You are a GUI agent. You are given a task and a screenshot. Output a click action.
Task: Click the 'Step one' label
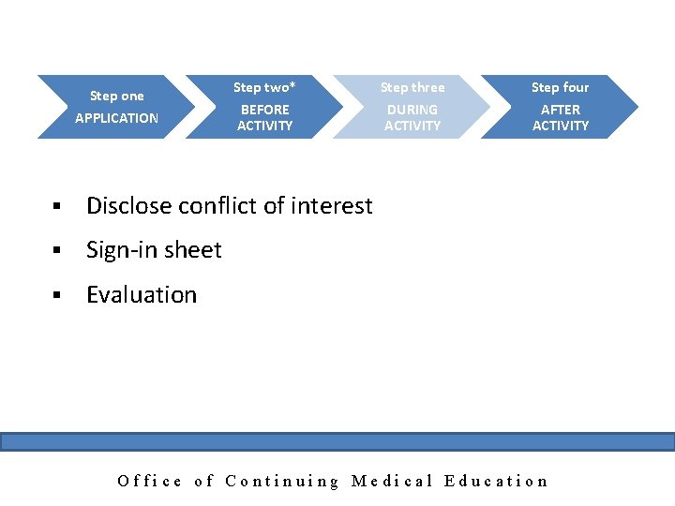(116, 96)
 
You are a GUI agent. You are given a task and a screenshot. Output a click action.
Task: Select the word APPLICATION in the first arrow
(116, 118)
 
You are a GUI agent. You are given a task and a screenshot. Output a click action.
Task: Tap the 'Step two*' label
(264, 87)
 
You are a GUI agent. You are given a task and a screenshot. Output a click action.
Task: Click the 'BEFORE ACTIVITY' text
(264, 117)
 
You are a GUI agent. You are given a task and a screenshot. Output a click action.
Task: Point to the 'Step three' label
(412, 87)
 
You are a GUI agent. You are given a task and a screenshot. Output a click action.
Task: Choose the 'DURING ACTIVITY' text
(412, 117)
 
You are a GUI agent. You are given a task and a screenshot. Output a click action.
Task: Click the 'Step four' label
(560, 87)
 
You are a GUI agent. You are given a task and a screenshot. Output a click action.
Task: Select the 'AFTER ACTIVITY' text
(561, 117)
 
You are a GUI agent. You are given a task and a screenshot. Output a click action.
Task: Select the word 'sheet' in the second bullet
(192, 250)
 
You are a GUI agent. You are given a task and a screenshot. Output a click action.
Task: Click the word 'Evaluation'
(142, 294)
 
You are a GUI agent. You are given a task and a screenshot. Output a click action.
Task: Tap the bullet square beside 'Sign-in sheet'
(57, 251)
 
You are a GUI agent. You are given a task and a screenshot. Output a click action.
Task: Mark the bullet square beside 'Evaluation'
(57, 295)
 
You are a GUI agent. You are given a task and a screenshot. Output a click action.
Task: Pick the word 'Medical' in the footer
(392, 481)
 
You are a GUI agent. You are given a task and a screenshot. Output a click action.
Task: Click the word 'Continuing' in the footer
(282, 481)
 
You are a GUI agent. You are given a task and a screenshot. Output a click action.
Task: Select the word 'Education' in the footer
(496, 481)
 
